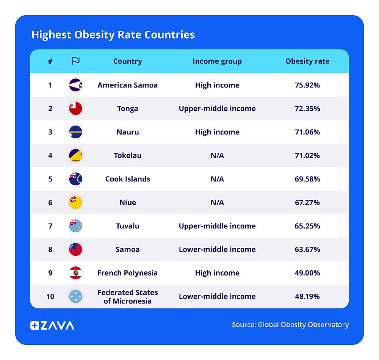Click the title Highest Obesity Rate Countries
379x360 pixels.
pos(113,35)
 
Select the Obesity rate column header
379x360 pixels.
pos(307,61)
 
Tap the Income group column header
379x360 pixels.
pos(217,61)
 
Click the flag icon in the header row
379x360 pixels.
pos(76,61)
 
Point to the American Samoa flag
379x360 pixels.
pos(76,85)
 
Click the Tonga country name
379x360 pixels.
pos(128,108)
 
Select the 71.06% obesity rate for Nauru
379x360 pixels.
pos(307,132)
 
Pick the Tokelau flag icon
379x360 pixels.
pos(76,155)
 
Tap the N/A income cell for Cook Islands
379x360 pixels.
pos(217,179)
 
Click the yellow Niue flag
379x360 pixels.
pos(76,202)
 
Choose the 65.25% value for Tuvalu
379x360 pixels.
pos(307,226)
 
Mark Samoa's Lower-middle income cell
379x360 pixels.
pos(217,249)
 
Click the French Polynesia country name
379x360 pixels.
pos(128,273)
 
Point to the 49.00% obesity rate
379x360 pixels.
pos(307,273)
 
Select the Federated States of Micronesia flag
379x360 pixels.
pos(76,296)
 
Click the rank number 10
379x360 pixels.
pos(50,296)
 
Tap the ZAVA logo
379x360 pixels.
pos(52,325)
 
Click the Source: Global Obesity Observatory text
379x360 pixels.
pos(290,325)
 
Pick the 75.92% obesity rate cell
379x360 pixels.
pos(307,85)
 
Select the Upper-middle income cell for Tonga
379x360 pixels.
pos(217,108)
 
